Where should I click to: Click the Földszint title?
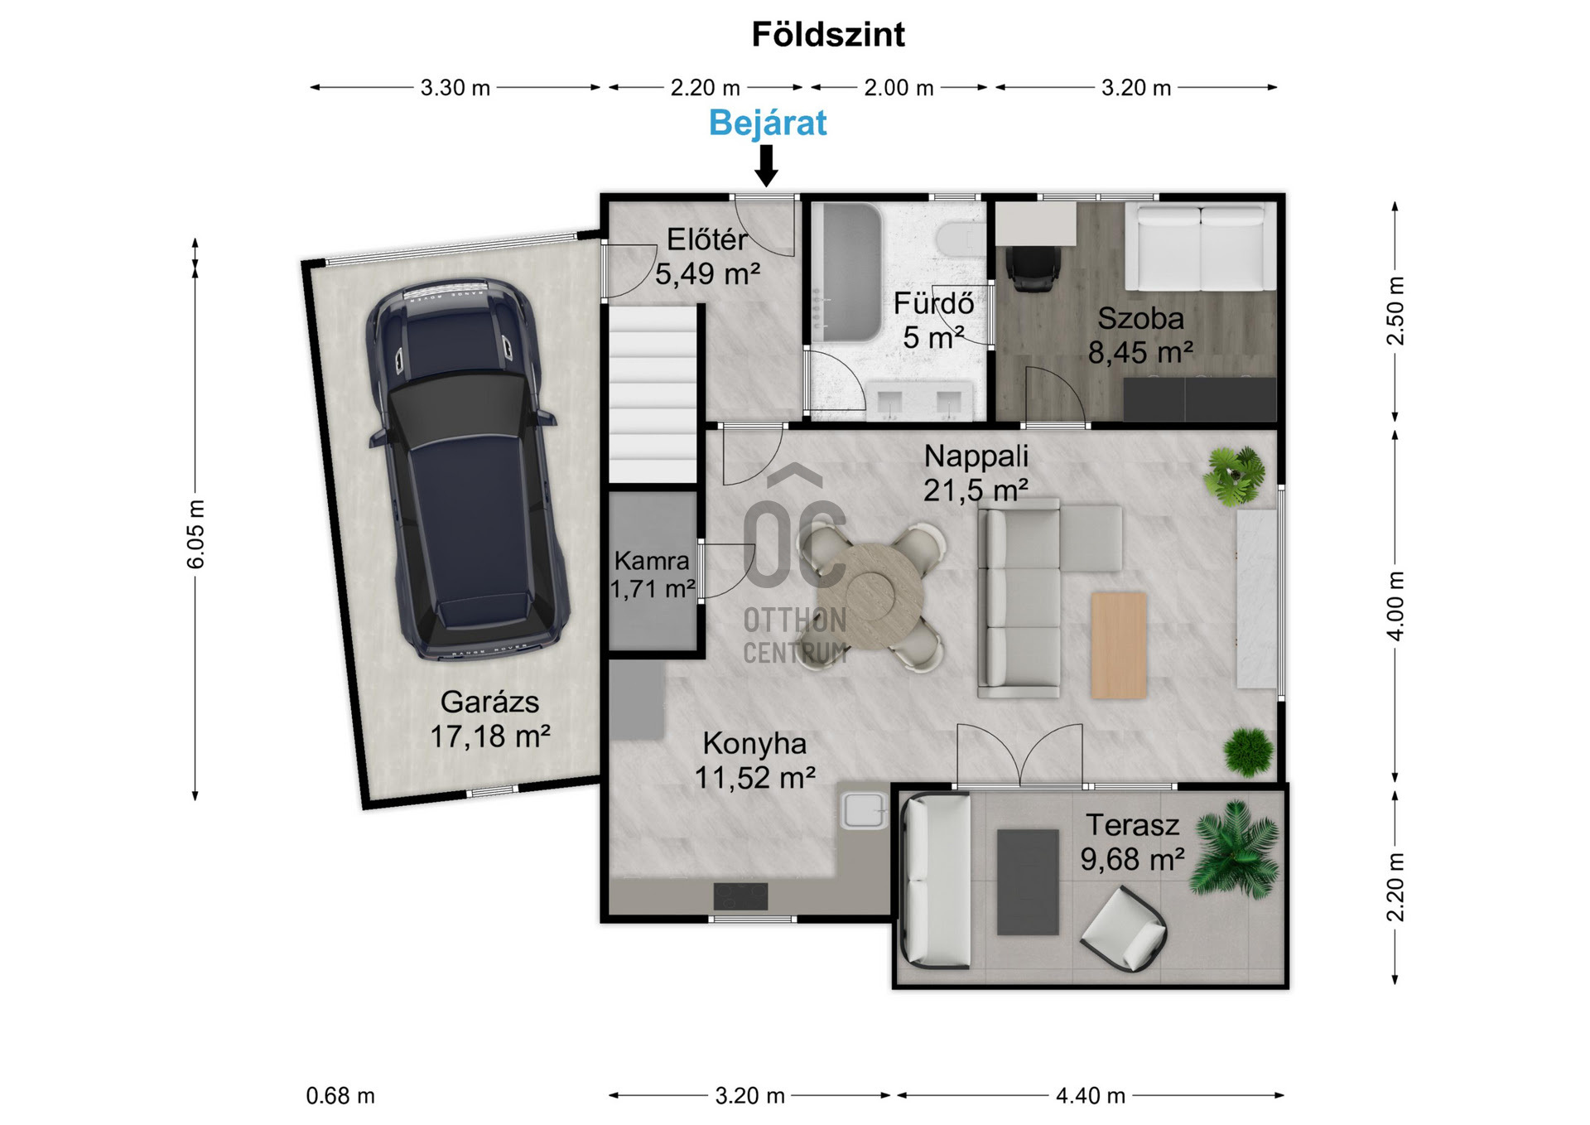pyautogui.click(x=828, y=35)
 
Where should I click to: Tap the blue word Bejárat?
pyautogui.click(x=768, y=123)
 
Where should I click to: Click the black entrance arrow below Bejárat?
pyautogui.click(x=767, y=166)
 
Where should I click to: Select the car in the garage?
pyautogui.click(x=467, y=469)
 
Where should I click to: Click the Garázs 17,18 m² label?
pyautogui.click(x=490, y=719)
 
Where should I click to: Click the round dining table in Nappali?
pyautogui.click(x=870, y=596)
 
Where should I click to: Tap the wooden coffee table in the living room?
pyautogui.click(x=1119, y=645)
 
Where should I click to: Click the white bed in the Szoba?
pyautogui.click(x=1200, y=247)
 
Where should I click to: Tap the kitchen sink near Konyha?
pyautogui.click(x=864, y=810)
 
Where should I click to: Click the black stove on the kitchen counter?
pyautogui.click(x=740, y=896)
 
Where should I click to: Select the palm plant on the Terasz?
pyautogui.click(x=1235, y=850)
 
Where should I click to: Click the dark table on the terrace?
pyautogui.click(x=1028, y=882)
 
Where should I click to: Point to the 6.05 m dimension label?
pyautogui.click(x=195, y=534)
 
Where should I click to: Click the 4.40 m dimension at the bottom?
pyautogui.click(x=1091, y=1096)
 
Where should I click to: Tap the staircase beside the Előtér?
pyautogui.click(x=653, y=394)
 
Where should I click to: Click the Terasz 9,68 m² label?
pyautogui.click(x=1132, y=843)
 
